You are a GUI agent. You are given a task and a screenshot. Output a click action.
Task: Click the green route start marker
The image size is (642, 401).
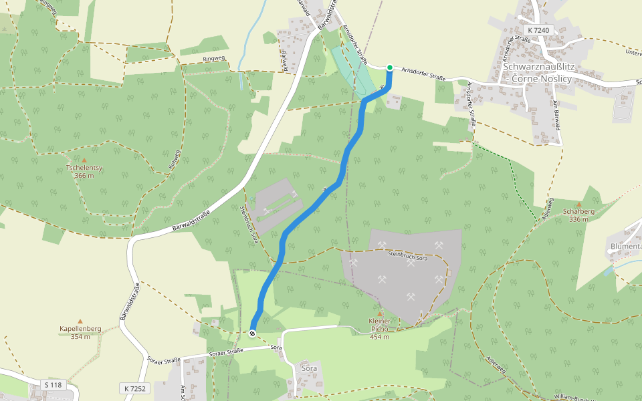coord(390,68)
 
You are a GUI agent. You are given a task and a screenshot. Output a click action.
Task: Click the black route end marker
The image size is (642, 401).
coord(252,333)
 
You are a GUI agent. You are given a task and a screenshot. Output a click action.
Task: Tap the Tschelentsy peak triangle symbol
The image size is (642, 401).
coord(85,160)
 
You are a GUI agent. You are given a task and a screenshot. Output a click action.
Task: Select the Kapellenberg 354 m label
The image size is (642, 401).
coord(80,332)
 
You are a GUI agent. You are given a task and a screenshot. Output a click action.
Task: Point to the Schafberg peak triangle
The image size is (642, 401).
coord(579,204)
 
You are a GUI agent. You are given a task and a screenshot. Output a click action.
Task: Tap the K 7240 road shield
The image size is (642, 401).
coord(538,30)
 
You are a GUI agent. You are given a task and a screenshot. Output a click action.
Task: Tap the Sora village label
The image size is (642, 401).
coord(309,368)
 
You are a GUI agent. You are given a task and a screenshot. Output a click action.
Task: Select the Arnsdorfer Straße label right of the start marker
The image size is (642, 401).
coord(424,74)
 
